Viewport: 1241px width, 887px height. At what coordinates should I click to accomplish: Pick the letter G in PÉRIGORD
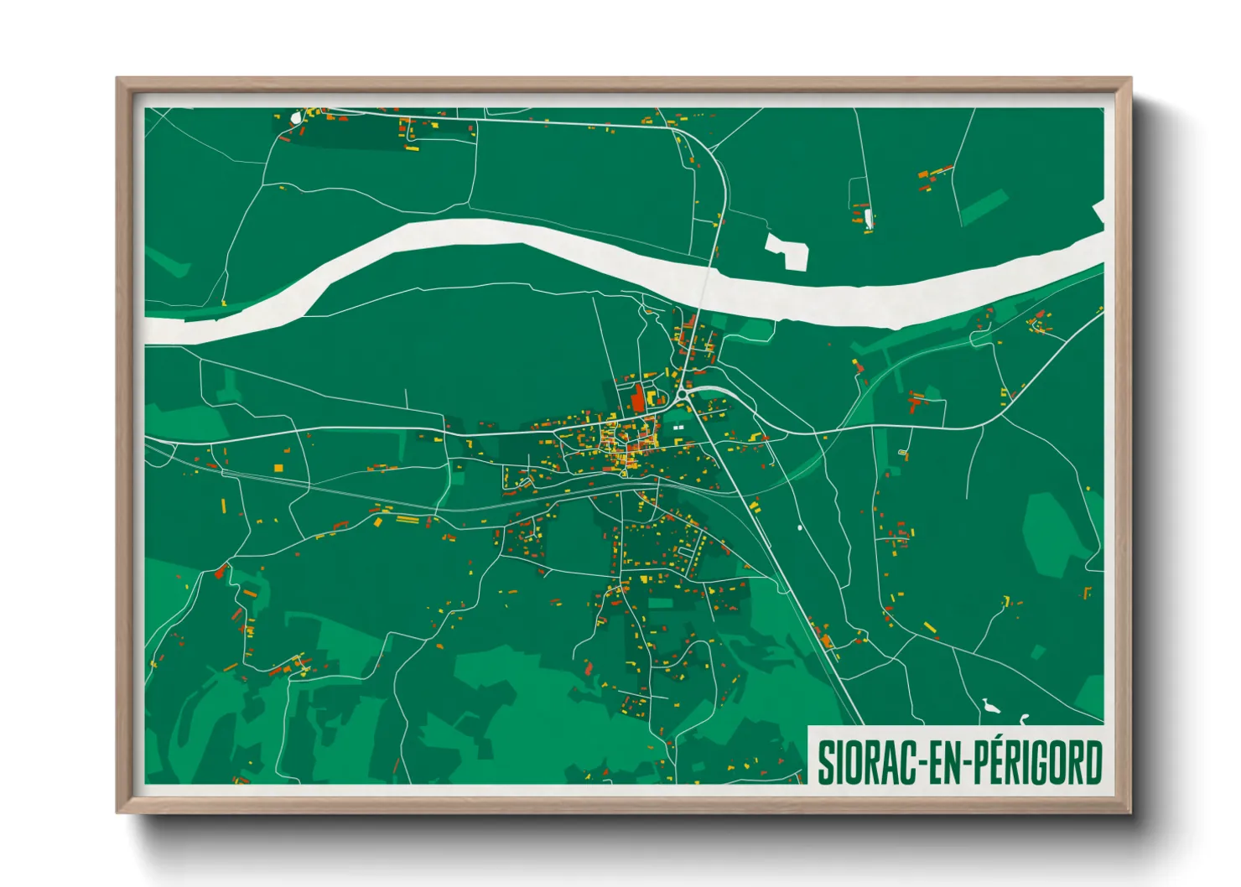(1042, 762)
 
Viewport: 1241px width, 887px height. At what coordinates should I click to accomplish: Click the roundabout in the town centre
(683, 392)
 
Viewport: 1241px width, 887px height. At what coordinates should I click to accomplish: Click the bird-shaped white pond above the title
(992, 706)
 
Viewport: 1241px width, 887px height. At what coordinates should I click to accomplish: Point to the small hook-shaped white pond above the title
(1024, 718)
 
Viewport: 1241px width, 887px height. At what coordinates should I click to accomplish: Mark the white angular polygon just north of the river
(787, 250)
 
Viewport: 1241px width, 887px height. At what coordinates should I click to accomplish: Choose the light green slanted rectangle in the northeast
(983, 206)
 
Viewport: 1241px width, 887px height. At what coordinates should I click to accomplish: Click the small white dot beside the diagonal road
(800, 527)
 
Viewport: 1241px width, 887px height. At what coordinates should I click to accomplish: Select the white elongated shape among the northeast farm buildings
(869, 220)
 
